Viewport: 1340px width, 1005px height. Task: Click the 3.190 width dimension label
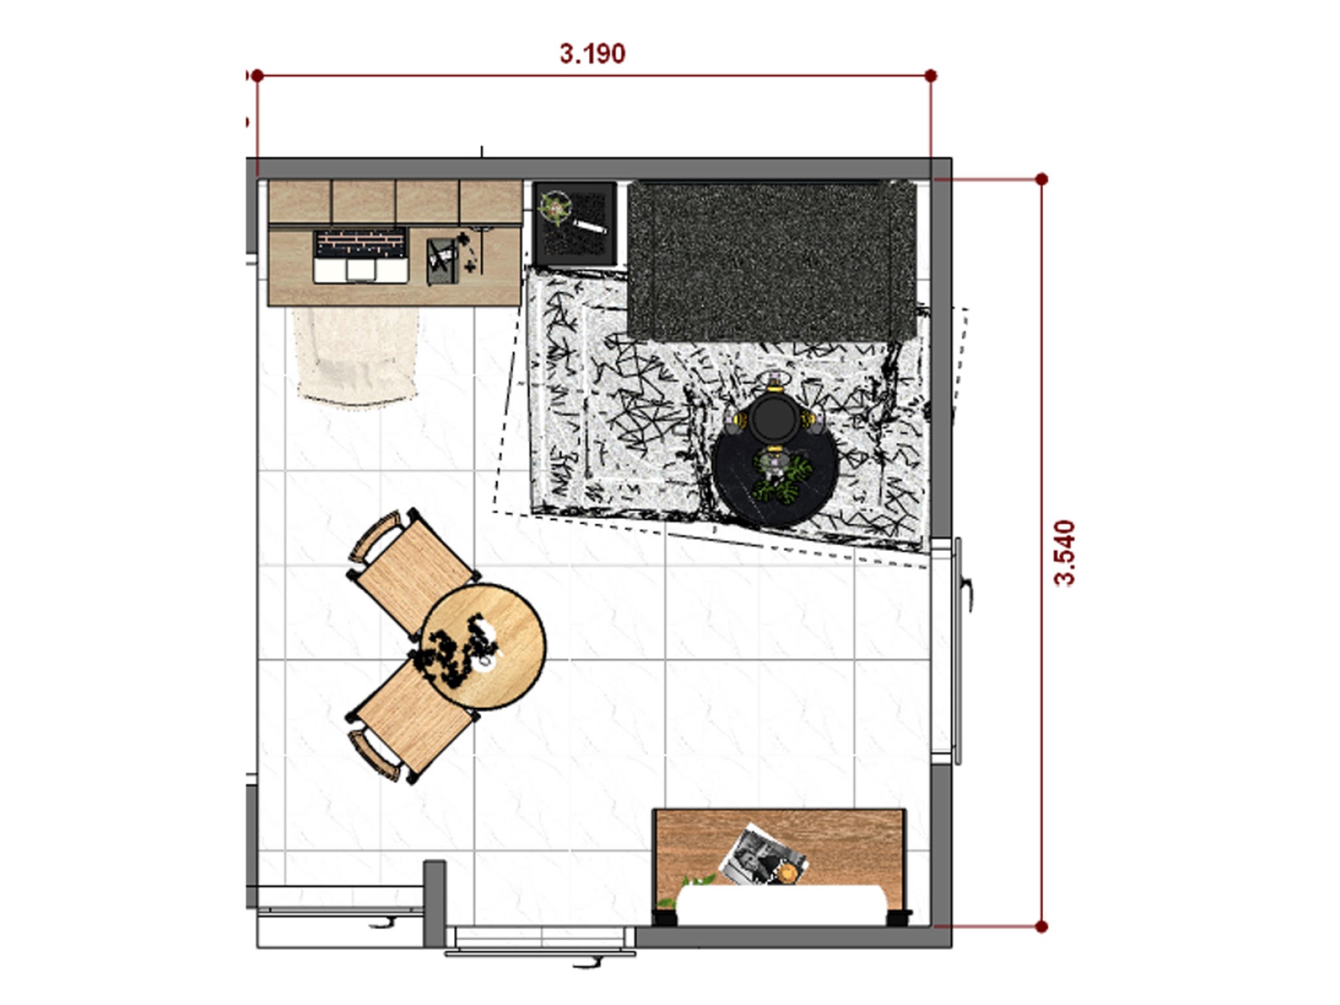click(592, 54)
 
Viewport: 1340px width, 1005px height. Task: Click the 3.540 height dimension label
click(1065, 553)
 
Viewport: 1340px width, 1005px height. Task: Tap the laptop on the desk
click(361, 256)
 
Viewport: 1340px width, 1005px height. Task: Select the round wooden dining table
click(484, 646)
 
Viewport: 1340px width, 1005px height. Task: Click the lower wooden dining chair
click(409, 723)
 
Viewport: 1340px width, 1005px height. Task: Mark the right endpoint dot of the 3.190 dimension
click(931, 76)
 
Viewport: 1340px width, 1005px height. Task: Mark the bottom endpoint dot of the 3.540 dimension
click(1042, 926)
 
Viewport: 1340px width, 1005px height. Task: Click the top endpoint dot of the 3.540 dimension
click(1042, 179)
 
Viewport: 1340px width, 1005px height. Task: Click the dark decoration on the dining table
click(458, 651)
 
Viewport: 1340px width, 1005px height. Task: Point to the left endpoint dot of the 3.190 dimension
click(258, 76)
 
